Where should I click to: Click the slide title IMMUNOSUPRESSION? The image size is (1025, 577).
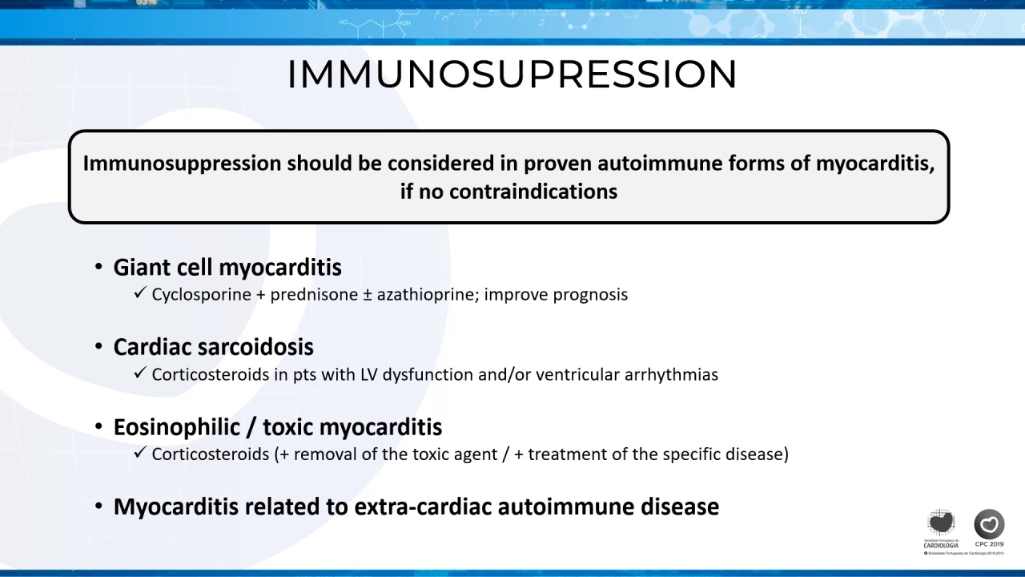[512, 75]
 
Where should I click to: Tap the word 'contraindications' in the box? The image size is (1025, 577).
[533, 192]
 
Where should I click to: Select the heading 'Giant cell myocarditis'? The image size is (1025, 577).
[227, 268]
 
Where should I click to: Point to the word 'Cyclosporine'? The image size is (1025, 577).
[201, 294]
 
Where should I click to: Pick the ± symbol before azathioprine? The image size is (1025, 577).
[368, 295]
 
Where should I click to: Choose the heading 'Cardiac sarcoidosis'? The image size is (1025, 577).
[214, 347]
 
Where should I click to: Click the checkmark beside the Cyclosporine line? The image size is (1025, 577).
[139, 293]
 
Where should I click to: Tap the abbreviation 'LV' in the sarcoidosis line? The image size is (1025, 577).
[369, 374]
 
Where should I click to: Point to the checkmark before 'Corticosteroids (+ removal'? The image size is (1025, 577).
[139, 453]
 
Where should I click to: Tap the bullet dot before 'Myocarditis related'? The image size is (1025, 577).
[98, 506]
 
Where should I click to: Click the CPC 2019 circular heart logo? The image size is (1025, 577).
[989, 524]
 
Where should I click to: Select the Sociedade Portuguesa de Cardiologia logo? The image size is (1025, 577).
[941, 528]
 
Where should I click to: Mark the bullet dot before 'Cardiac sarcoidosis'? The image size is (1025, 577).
[98, 346]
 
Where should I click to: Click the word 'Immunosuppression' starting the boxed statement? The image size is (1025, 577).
[182, 164]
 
